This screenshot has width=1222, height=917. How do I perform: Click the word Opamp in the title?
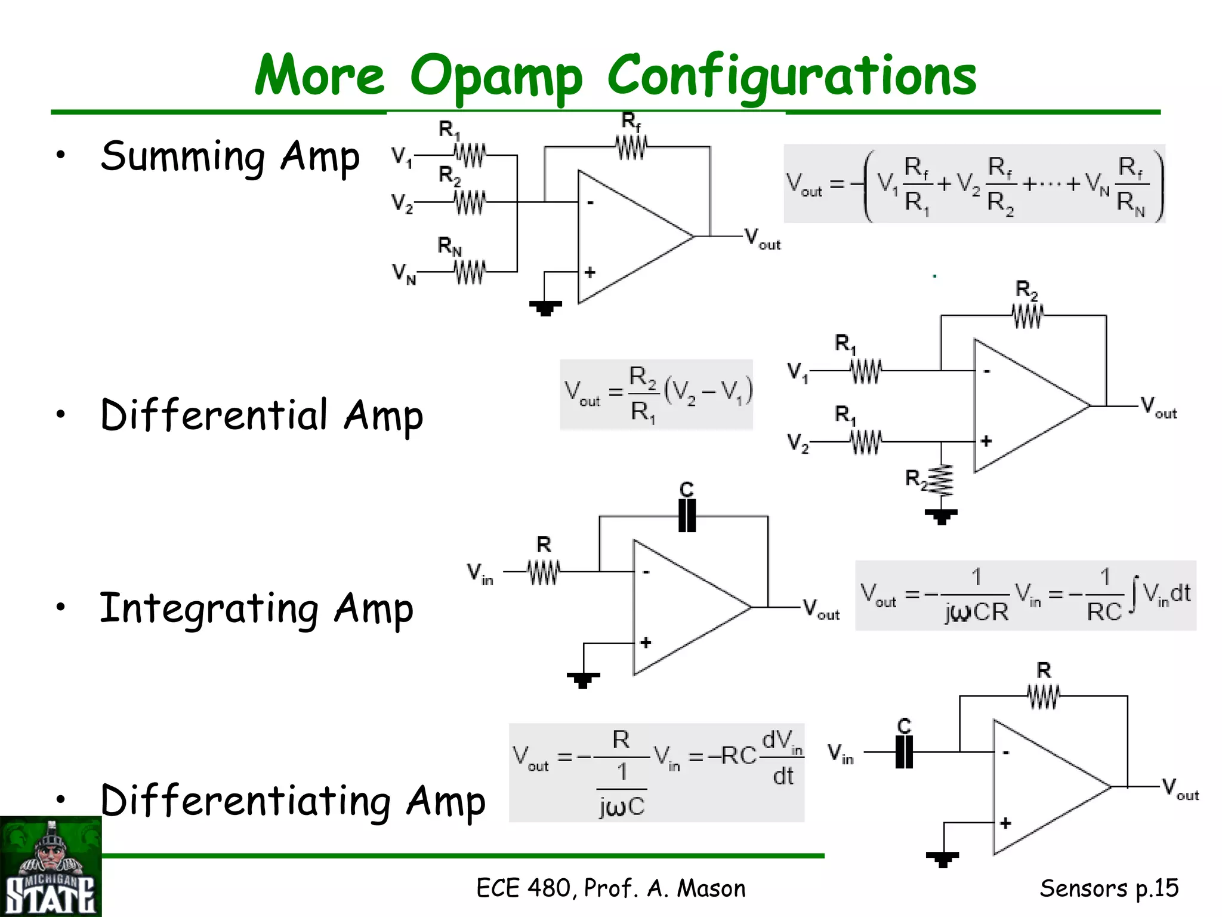coord(495,78)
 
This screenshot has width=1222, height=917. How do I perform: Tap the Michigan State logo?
coord(51,867)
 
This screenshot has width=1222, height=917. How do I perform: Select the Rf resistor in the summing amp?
coord(631,146)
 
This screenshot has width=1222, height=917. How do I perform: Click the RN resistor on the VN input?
coord(470,272)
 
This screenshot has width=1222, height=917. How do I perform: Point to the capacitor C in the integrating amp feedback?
coord(687,515)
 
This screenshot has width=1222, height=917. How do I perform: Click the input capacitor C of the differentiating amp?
coord(905,752)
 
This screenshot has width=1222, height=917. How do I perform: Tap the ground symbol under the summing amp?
coord(545,308)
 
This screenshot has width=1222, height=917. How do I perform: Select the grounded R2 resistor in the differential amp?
coord(942,481)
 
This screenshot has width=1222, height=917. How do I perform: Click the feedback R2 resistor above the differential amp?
coord(1027,315)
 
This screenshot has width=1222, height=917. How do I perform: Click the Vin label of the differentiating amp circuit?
coord(841,754)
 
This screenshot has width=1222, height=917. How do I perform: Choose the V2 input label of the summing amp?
coord(402,204)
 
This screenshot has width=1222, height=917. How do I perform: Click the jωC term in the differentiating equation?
coord(622,807)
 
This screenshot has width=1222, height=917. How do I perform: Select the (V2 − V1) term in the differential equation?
coord(708,393)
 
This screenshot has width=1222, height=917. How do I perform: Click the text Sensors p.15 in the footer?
coord(1109,888)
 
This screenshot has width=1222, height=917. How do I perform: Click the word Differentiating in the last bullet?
coord(245,801)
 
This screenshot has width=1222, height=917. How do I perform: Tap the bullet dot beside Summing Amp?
coord(60,155)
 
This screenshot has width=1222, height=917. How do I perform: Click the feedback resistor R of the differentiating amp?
coord(1044,696)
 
